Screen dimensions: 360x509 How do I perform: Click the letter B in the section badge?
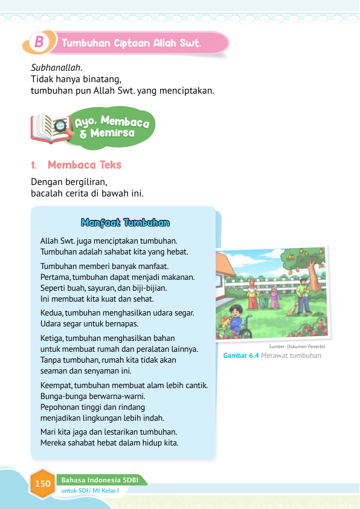coord(39,42)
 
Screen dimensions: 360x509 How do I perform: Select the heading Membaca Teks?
coord(85,164)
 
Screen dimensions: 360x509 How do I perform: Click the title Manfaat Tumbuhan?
coord(125,223)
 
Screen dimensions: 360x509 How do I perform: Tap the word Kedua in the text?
coord(51,313)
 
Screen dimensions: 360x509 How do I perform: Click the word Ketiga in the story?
coord(51,339)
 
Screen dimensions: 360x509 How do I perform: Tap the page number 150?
coord(43,484)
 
